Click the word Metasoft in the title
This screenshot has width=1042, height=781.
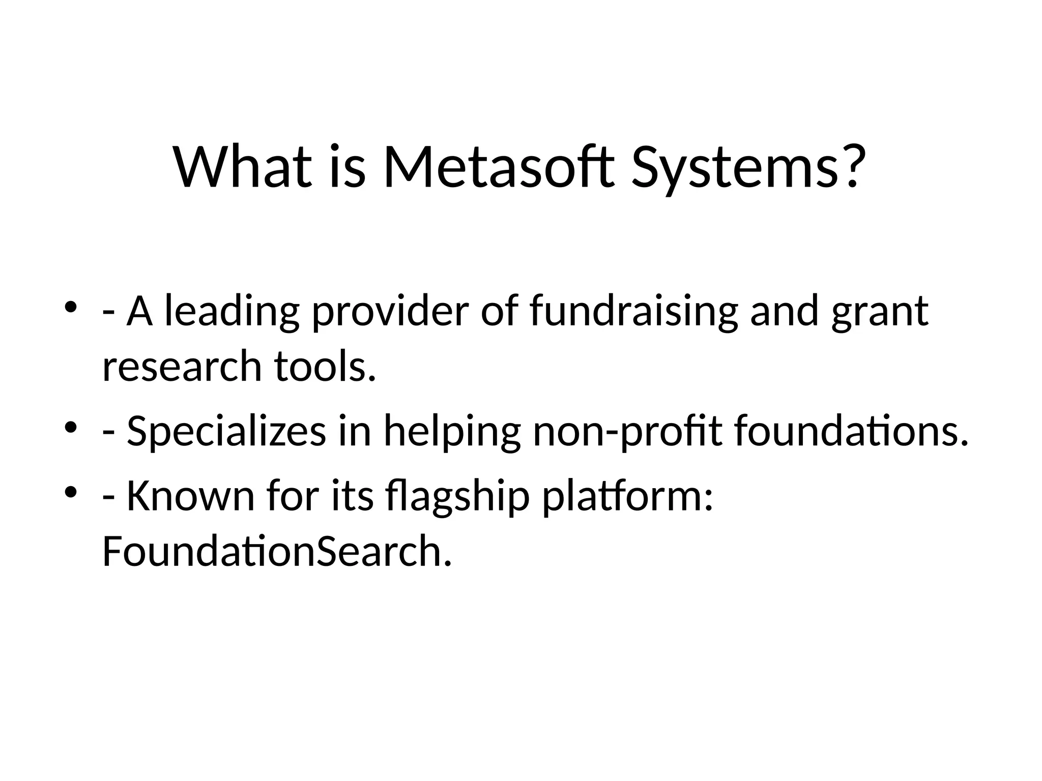(498, 167)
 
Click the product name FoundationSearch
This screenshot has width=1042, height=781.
(277, 552)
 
